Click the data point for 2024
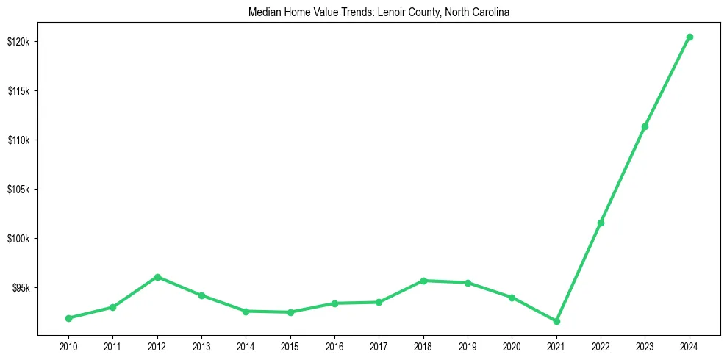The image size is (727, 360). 689,37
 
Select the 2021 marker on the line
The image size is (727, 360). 556,321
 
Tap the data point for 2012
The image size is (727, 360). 157,277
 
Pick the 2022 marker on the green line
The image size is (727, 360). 601,223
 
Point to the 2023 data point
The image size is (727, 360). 645,127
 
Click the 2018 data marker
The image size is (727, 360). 423,281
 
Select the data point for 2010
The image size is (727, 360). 68,318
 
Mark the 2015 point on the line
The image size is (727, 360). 290,312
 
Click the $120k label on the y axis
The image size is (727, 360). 18,42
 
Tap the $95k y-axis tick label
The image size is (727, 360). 20,288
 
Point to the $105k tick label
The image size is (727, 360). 18,190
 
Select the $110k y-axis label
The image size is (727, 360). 18,140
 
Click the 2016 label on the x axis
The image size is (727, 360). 334,346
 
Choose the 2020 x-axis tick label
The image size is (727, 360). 512,346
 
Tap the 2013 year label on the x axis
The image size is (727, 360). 201,346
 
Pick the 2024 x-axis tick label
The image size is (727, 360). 689,346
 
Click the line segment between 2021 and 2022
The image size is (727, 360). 579,272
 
